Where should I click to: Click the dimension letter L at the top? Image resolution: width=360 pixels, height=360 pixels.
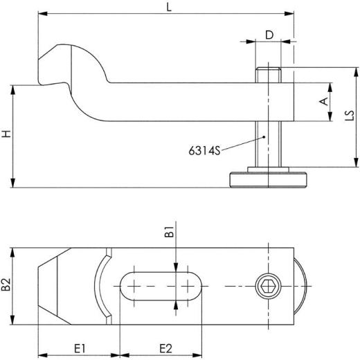[170, 7]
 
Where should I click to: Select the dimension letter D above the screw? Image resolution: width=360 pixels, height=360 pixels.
[269, 34]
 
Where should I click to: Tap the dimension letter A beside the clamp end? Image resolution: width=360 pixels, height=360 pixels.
[322, 102]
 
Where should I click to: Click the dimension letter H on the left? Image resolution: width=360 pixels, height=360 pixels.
[6, 134]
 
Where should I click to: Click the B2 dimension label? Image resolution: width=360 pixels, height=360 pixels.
[6, 285]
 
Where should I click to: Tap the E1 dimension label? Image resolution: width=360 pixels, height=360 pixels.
[78, 346]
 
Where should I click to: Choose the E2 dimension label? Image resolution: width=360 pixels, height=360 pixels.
[165, 346]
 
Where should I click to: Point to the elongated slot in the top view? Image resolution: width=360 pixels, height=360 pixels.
[163, 285]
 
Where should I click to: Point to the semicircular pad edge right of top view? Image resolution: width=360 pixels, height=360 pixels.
[302, 285]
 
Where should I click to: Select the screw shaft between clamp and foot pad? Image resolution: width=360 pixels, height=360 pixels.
[268, 145]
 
